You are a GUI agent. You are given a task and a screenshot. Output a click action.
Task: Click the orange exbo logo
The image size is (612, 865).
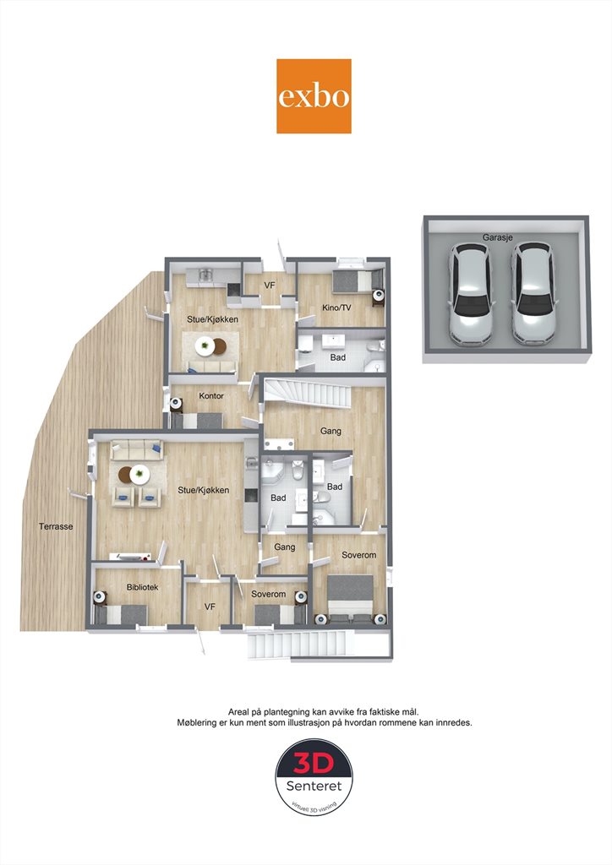[314, 96]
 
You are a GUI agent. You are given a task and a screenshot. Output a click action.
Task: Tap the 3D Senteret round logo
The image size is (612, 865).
[314, 778]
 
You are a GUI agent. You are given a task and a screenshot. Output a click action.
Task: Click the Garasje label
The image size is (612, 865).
[498, 237]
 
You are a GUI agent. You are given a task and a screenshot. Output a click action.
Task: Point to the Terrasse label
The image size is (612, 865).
[56, 526]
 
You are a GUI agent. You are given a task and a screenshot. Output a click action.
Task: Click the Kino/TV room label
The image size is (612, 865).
[336, 307]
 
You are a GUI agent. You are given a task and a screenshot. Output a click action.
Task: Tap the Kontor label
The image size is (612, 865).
[211, 395]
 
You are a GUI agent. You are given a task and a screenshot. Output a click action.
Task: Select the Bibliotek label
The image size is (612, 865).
[142, 587]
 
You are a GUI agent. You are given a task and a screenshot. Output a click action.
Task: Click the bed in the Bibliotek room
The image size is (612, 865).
[123, 615]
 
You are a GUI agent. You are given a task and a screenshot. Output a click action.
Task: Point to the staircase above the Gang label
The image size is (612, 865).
[308, 394]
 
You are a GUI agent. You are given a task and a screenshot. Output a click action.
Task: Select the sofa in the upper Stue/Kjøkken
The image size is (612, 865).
[211, 367]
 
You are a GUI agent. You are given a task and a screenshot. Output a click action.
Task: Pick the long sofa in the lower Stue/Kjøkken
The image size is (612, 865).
[136, 450]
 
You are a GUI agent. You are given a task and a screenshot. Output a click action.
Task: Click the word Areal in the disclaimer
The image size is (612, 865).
[239, 712]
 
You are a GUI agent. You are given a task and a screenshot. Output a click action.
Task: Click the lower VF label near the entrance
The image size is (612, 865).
[210, 607]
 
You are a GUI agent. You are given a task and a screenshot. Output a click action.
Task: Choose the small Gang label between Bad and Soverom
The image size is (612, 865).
[285, 547]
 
